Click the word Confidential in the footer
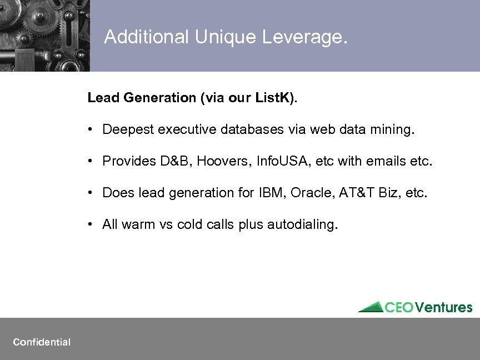click(42, 342)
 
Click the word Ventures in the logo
click(444, 307)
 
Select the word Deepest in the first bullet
click(128, 130)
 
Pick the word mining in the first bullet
click(393, 130)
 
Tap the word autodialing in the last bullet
click(302, 225)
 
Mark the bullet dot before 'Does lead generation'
click(89, 193)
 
